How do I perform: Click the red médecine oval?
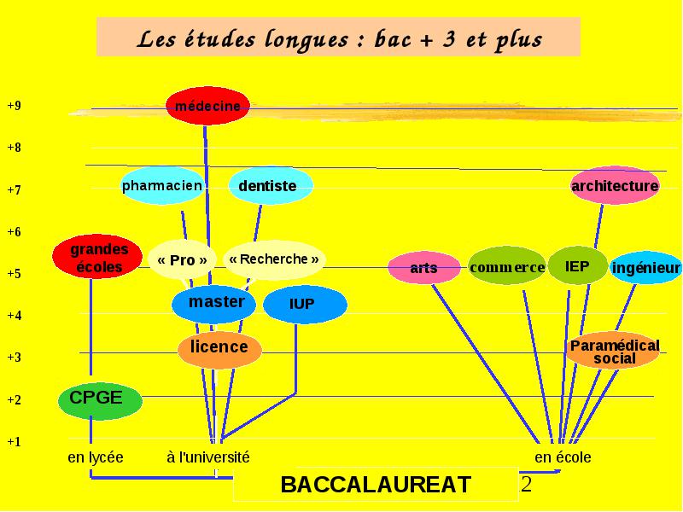pyautogui.click(x=207, y=106)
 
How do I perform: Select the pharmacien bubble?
pyautogui.click(x=162, y=186)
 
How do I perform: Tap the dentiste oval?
pyautogui.click(x=271, y=185)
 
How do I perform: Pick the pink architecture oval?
pyautogui.click(x=615, y=185)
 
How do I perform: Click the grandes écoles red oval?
pyautogui.click(x=97, y=257)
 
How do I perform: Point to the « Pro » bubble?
pyautogui.click(x=182, y=260)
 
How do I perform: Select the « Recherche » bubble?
pyautogui.click(x=274, y=259)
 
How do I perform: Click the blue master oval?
pyautogui.click(x=214, y=305)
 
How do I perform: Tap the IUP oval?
pyautogui.click(x=305, y=305)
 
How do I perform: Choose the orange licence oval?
pyautogui.click(x=219, y=350)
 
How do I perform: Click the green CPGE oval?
pyautogui.click(x=100, y=400)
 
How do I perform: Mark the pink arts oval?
pyautogui.click(x=423, y=268)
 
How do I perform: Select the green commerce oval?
pyautogui.click(x=507, y=265)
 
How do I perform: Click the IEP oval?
pyautogui.click(x=578, y=265)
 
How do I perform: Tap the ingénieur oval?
pyautogui.click(x=646, y=267)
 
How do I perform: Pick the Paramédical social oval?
pyautogui.click(x=613, y=351)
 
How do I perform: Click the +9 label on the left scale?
pyautogui.click(x=14, y=106)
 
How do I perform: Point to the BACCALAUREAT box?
pyautogui.click(x=376, y=484)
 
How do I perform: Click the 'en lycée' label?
pyautogui.click(x=96, y=457)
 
